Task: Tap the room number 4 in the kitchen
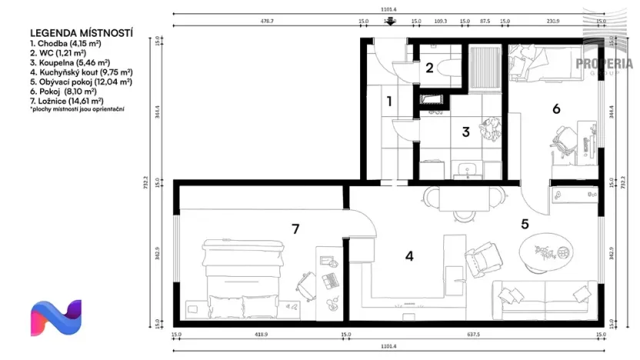pos(409,256)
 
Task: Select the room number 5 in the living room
pos(525,225)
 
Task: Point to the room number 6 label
pos(556,108)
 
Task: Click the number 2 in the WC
pos(429,67)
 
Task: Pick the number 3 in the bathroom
pos(465,132)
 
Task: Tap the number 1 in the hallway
pos(389,100)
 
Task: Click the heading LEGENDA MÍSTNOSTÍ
pos(81,34)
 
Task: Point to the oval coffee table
pos(547,253)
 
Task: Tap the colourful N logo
pos(55,318)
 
